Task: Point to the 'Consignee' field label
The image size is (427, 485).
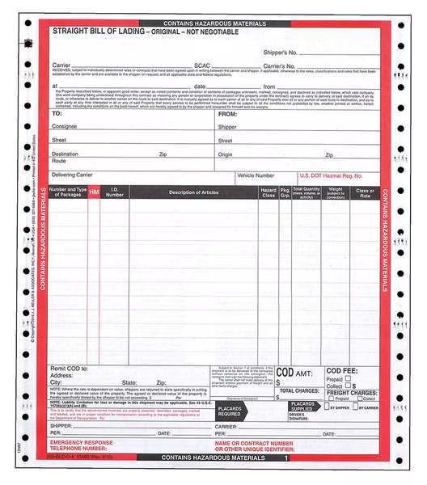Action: [x=65, y=127]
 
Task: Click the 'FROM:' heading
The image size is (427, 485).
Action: [x=227, y=115]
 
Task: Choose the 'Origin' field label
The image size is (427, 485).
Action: [x=225, y=154]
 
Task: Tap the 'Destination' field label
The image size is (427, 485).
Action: [x=66, y=154]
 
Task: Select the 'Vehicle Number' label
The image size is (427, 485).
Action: [x=255, y=175]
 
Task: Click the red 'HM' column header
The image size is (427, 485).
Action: [x=94, y=192]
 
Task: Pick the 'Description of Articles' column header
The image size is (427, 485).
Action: [x=193, y=192]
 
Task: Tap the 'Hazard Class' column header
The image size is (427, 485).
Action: [x=268, y=192]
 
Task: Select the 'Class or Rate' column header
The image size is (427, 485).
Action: [x=366, y=192]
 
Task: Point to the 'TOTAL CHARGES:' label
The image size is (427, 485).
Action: [x=300, y=390]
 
